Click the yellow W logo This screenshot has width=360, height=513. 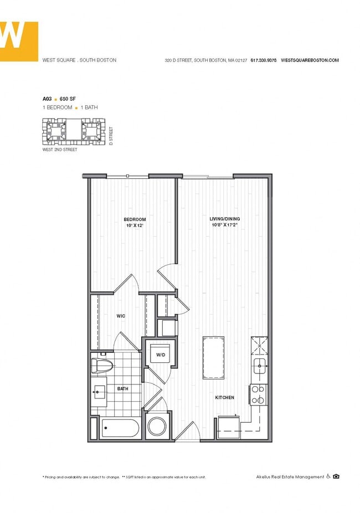point(18,40)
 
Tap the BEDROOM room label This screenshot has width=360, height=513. point(135,219)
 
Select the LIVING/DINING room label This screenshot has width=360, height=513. point(224,219)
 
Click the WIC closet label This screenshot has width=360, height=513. point(121,316)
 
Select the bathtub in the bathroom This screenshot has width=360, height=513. point(121,429)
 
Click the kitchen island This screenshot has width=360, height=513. point(213,357)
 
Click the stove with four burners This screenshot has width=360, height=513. point(258,393)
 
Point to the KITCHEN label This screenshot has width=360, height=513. point(225,398)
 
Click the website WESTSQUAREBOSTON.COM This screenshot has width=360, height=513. point(310,60)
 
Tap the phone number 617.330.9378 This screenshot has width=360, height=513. point(264,60)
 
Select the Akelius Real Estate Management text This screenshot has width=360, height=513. point(290,476)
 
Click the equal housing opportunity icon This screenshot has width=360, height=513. point(336,476)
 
